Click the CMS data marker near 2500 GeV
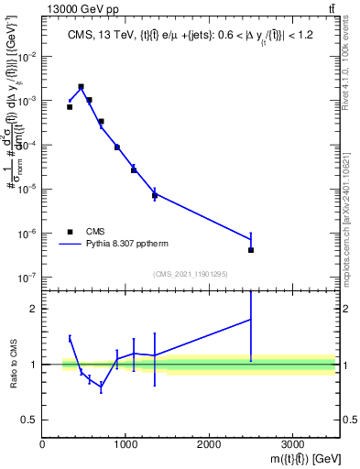click(x=251, y=250)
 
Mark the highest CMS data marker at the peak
click(x=82, y=87)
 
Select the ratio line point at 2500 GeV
click(x=251, y=319)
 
